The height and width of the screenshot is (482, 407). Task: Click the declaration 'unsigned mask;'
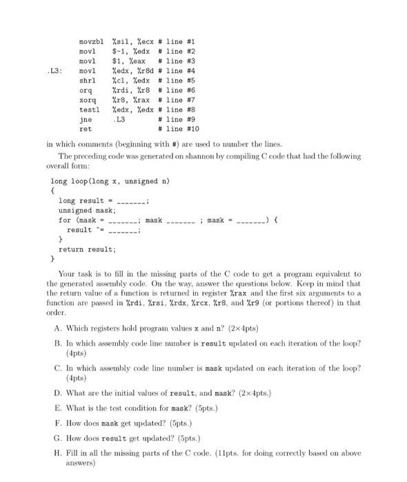88,211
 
